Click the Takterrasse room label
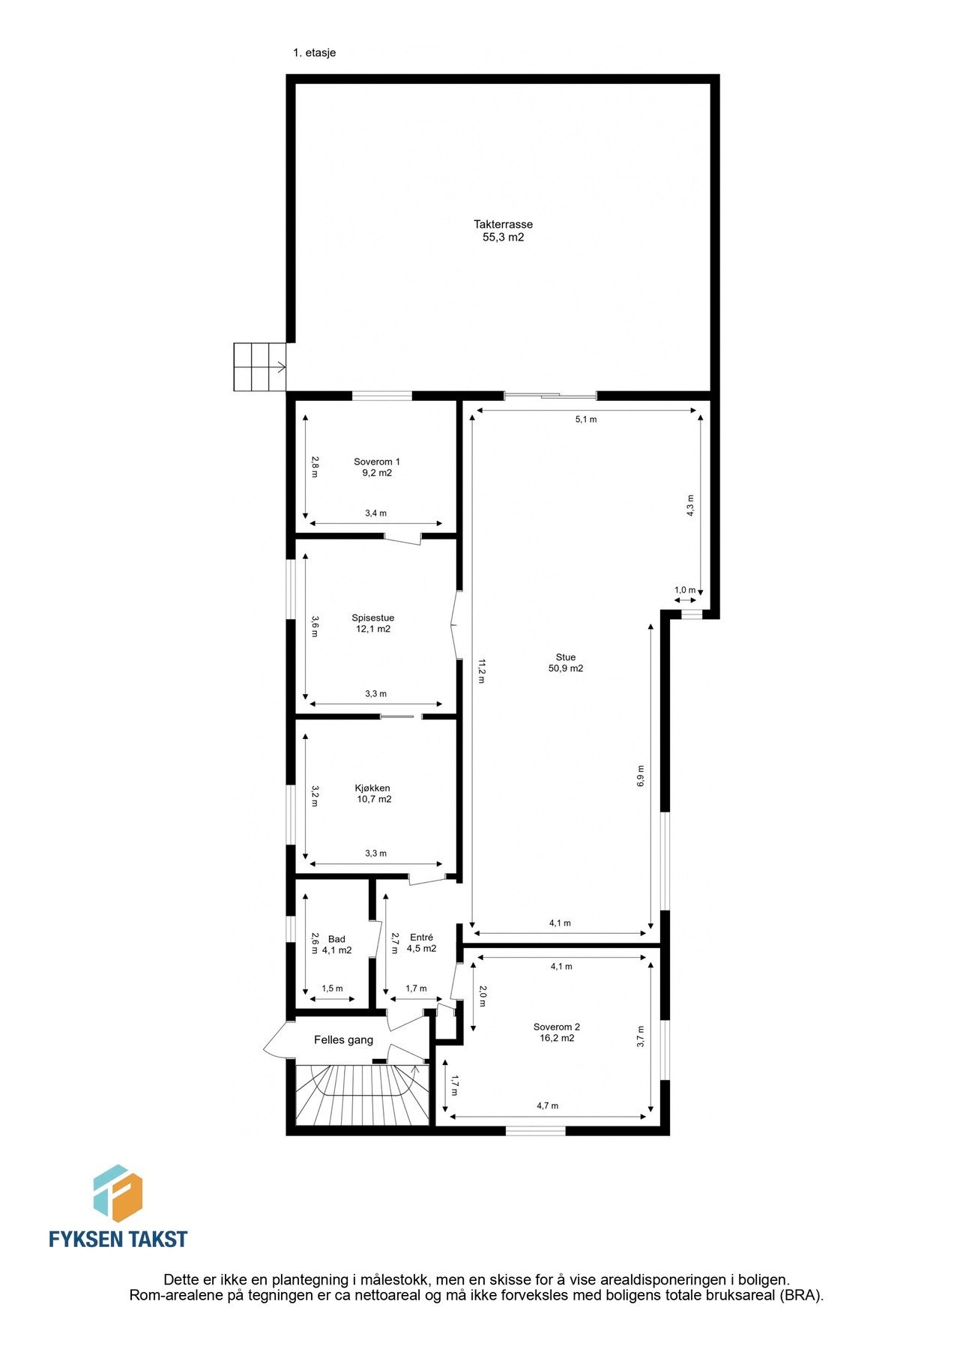503,224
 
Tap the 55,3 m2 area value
503,238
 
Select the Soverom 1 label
377,462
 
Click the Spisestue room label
373,618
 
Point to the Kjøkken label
372,788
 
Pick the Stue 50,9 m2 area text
566,669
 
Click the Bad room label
336,939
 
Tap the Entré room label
421,938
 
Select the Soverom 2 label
557,1027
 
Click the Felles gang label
343,1040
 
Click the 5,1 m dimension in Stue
586,420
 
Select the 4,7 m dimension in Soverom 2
547,1106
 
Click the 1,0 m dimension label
685,591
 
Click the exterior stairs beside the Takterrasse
259,366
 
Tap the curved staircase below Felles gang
360,1093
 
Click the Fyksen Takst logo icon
118,1194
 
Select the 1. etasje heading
315,53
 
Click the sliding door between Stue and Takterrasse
550,396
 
